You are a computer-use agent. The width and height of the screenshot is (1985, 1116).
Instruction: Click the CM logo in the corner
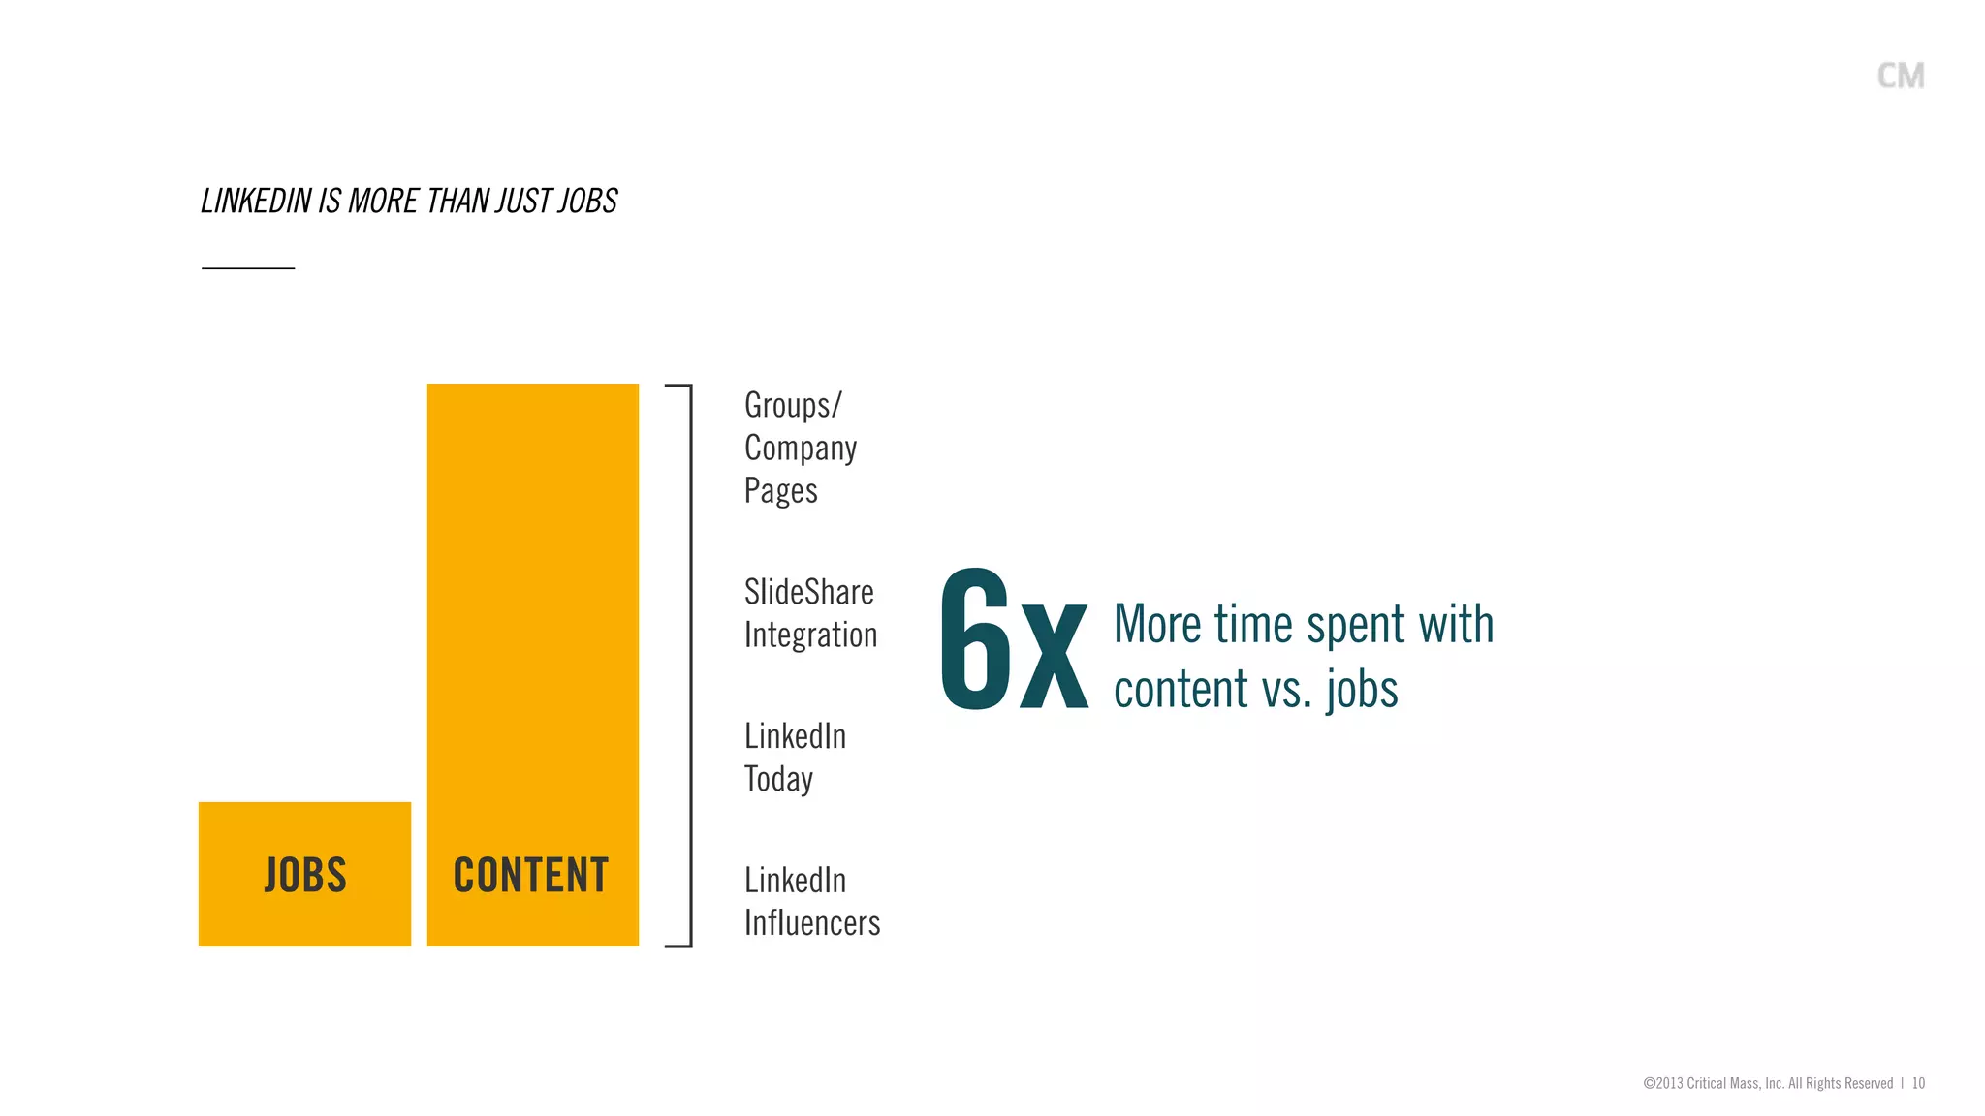click(x=1900, y=76)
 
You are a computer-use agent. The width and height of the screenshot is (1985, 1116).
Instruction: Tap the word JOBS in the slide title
click(x=587, y=201)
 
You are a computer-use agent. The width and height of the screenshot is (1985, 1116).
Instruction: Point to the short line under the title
click(x=248, y=267)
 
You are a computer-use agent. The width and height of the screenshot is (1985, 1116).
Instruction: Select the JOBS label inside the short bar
click(x=305, y=875)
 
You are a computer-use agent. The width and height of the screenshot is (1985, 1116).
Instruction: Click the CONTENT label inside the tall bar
click(x=531, y=875)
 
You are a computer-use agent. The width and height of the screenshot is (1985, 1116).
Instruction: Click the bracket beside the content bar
click(x=690, y=665)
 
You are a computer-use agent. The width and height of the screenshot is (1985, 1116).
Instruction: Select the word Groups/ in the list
click(x=793, y=405)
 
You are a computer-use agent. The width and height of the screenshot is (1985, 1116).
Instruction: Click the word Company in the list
click(x=801, y=449)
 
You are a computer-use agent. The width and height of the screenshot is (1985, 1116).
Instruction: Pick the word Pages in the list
click(x=780, y=491)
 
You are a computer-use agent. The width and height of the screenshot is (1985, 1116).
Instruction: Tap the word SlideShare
click(x=808, y=592)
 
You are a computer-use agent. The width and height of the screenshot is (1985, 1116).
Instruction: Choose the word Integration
click(x=810, y=635)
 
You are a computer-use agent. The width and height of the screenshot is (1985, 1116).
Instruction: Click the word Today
click(x=778, y=779)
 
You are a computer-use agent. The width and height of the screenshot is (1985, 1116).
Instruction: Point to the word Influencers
click(x=812, y=923)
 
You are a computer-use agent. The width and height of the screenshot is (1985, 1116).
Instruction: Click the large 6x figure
click(x=1012, y=640)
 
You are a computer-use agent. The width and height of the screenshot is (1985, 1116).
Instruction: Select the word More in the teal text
click(x=1157, y=624)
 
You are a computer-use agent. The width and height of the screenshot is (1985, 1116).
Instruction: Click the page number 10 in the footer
click(x=1918, y=1083)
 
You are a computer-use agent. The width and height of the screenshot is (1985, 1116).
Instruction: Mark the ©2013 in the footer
click(x=1663, y=1083)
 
